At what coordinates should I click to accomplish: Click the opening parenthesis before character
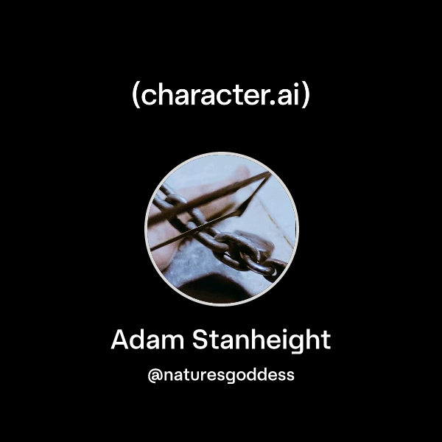136,96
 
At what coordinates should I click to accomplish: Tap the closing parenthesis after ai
306,96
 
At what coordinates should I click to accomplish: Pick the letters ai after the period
290,96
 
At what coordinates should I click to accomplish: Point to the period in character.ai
275,104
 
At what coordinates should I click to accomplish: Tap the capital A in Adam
121,340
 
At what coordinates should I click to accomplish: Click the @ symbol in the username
155,375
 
